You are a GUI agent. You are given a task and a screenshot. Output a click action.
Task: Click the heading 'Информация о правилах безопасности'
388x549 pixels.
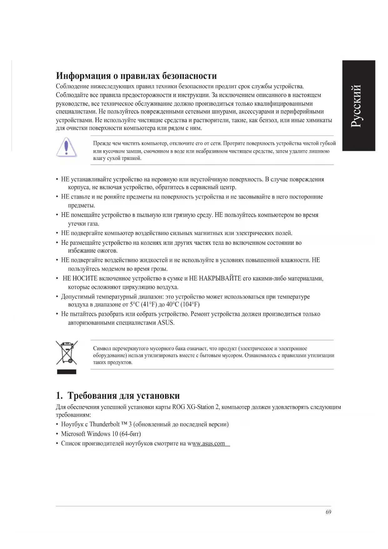[x=136, y=76]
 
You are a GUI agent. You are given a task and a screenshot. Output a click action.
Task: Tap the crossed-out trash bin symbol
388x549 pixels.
[x=66, y=353]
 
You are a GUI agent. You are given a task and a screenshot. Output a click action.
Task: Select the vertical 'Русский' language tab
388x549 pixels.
[x=358, y=105]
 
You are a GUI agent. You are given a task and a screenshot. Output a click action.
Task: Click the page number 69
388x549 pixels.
[x=328, y=512]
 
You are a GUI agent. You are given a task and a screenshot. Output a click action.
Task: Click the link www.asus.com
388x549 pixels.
[x=209, y=444]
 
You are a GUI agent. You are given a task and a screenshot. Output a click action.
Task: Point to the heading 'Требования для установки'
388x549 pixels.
[x=123, y=396]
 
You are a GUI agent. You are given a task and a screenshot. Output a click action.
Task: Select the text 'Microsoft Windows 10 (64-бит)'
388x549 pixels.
[x=101, y=434]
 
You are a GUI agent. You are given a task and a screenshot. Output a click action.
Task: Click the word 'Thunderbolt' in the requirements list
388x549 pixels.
[x=104, y=424]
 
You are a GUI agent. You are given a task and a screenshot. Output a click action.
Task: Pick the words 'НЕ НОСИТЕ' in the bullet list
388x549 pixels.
[x=80, y=279]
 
